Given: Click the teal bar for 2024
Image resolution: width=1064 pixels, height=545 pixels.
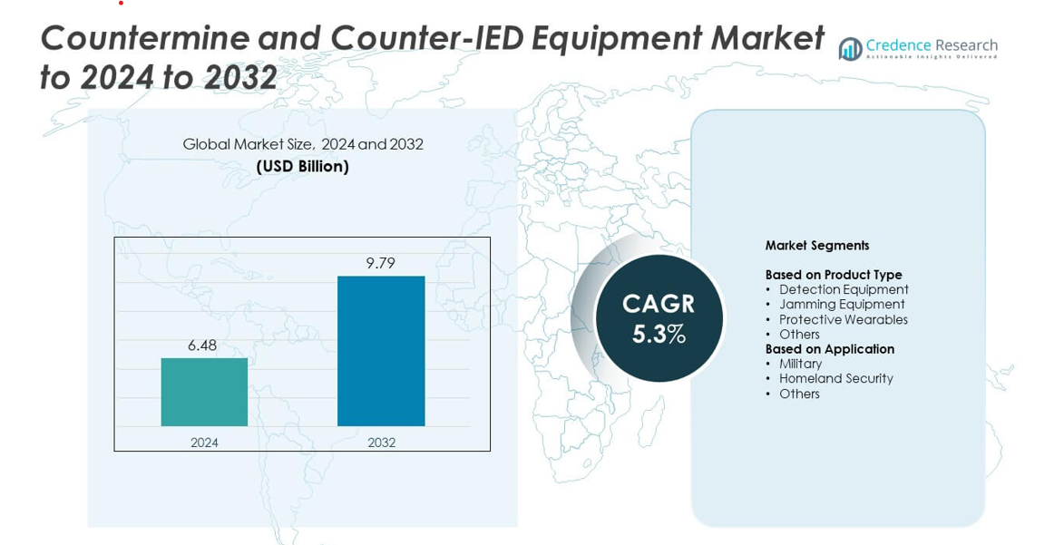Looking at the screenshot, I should click(x=204, y=392).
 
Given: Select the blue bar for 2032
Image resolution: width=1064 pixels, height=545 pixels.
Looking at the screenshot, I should click(x=381, y=351).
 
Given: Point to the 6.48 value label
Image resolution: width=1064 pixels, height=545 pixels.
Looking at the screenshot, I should click(x=202, y=345).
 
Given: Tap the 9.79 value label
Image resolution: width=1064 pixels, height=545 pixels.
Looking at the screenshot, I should click(x=381, y=264).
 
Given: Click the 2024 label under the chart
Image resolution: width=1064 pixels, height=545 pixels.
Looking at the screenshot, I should click(x=204, y=443).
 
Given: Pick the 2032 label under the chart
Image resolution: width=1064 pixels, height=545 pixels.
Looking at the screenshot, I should click(x=381, y=443).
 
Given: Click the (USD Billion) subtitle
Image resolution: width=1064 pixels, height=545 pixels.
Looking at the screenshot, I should click(x=302, y=167).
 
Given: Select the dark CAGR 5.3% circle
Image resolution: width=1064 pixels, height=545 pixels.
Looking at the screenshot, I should click(x=659, y=318).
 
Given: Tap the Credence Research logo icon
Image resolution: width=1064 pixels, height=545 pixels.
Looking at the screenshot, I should click(x=850, y=49).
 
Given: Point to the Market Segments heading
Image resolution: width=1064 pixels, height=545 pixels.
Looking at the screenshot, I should click(x=816, y=246).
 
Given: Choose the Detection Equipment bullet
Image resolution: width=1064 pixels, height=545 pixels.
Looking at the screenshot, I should click(x=844, y=290).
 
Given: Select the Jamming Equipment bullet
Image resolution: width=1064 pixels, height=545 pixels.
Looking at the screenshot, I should click(x=842, y=305).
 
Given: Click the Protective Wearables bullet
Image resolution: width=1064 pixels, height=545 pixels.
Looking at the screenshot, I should click(x=843, y=320).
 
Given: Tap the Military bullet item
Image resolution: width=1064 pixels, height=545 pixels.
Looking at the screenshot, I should click(x=800, y=364).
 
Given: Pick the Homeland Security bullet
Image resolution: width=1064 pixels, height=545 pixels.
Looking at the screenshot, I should click(x=835, y=379).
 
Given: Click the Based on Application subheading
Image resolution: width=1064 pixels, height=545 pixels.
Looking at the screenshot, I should click(x=829, y=349).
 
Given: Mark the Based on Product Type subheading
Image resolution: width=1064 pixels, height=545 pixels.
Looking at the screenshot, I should click(x=833, y=275).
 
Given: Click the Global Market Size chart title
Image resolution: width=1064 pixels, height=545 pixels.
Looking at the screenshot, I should click(x=302, y=144).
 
